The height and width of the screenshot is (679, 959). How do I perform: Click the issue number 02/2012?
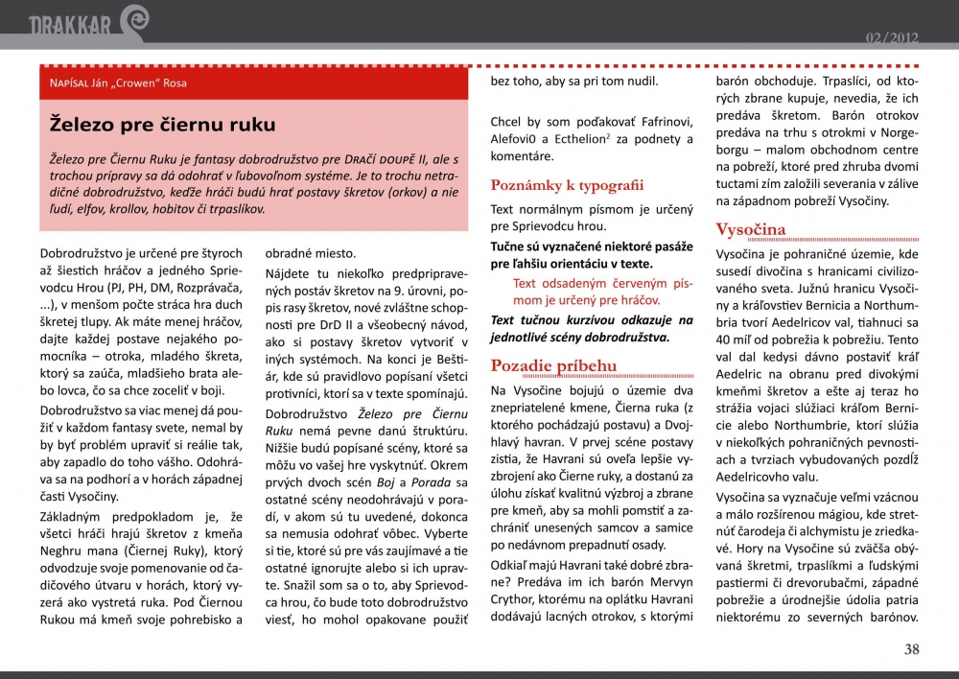[892, 37]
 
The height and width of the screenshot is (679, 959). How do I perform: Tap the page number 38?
[911, 649]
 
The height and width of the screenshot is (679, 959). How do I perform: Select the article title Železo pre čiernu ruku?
[163, 125]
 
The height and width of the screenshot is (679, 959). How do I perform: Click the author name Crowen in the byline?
[140, 83]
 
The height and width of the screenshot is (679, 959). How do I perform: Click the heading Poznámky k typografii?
[567, 185]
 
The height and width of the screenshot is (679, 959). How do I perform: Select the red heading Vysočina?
[751, 229]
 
